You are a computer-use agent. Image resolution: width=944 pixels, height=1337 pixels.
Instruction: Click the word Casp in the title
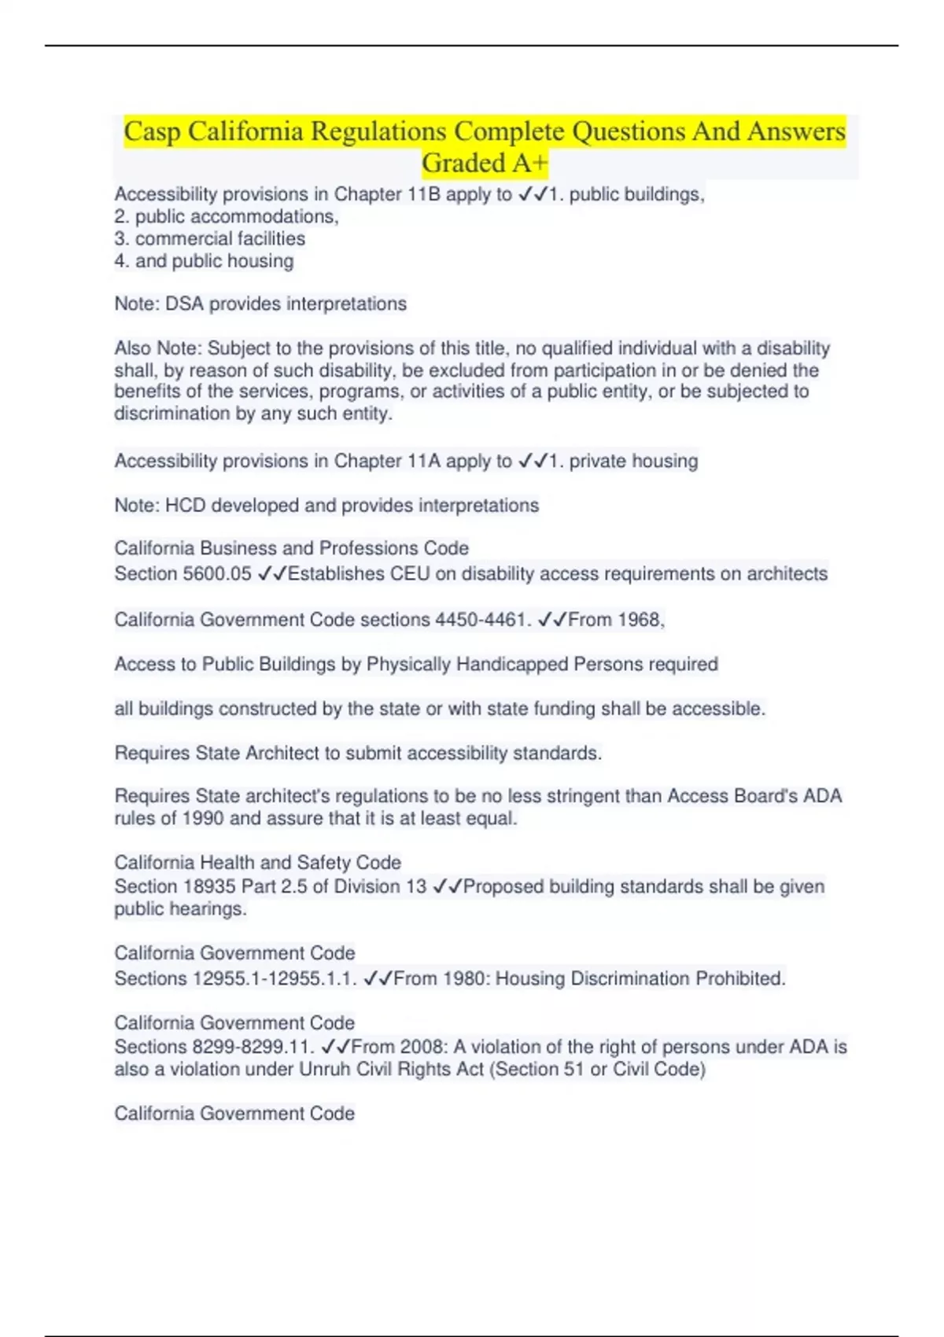click(x=152, y=131)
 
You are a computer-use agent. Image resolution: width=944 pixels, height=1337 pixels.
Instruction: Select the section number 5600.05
click(x=216, y=574)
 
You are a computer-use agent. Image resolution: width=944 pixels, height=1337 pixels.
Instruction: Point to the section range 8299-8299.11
click(x=253, y=1048)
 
